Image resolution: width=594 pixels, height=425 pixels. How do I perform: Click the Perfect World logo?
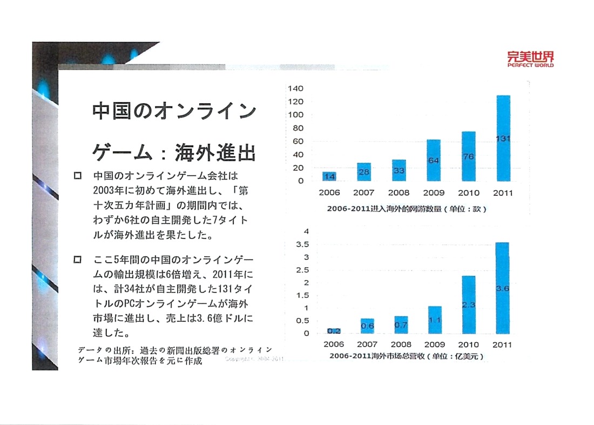coord(530,58)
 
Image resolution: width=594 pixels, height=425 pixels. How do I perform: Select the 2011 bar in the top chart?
coord(503,138)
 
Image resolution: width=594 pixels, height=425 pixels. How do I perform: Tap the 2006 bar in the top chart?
coord(329,176)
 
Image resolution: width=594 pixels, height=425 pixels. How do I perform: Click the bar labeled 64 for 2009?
coord(434,160)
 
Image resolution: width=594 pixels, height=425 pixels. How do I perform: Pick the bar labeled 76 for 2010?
coord(468,156)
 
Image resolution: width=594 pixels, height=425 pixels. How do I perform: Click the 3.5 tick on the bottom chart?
coord(302,244)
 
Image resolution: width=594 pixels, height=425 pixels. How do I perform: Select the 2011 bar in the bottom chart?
coord(502,288)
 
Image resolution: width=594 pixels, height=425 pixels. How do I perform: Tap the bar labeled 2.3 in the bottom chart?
coord(468,305)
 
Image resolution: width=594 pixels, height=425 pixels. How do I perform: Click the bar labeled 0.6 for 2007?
coord(368,326)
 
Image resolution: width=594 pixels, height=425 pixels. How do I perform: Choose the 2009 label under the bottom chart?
coord(434,344)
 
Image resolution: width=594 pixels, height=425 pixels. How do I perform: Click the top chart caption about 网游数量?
coord(406,209)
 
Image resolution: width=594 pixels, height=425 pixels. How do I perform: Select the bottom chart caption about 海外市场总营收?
coord(406,356)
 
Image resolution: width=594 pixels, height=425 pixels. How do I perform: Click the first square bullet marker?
coord(77,176)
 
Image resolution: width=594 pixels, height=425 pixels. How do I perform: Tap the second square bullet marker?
coord(77,261)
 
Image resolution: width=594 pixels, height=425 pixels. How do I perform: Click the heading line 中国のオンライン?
coord(174,111)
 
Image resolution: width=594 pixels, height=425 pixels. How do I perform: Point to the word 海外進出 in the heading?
coord(214,154)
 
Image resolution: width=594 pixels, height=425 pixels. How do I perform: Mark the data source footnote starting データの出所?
coord(174,355)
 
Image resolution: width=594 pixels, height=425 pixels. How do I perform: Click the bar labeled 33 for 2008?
coord(399,170)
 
